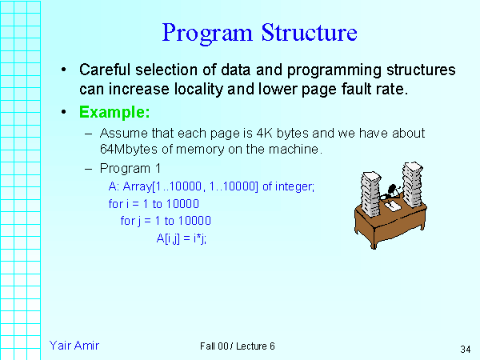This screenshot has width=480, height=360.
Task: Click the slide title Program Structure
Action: click(258, 33)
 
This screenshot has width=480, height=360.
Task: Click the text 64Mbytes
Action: click(126, 150)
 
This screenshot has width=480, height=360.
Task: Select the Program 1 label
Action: click(130, 168)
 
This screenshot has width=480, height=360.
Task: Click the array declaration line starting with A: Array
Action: click(212, 186)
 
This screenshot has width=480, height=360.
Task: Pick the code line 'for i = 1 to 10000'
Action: click(154, 203)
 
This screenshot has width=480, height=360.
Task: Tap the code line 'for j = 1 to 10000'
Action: click(166, 220)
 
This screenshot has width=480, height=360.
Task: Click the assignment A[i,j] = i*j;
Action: click(182, 238)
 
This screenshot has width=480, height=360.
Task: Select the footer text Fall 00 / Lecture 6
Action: click(238, 346)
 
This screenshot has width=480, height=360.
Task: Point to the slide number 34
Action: click(466, 349)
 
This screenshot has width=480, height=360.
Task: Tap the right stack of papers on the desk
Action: click(413, 183)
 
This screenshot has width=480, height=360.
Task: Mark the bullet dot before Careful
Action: click(63, 70)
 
